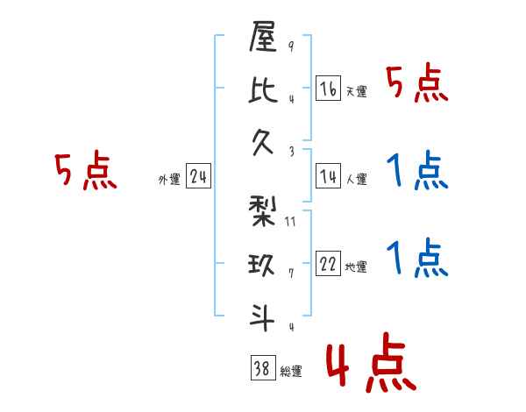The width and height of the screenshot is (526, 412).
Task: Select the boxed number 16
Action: click(x=328, y=88)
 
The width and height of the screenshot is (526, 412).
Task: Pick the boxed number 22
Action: click(x=328, y=264)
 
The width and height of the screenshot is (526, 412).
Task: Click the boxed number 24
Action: click(x=198, y=177)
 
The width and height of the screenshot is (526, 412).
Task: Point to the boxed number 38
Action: click(x=262, y=368)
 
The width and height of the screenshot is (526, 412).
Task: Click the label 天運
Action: click(x=356, y=91)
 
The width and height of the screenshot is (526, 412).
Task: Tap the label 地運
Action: click(x=356, y=267)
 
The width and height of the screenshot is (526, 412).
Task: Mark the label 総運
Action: click(x=291, y=372)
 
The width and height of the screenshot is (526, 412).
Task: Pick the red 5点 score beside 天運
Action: click(x=417, y=85)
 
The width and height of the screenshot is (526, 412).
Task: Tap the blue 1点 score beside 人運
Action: click(x=417, y=170)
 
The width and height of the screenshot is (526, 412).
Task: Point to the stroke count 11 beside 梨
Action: click(x=290, y=222)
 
